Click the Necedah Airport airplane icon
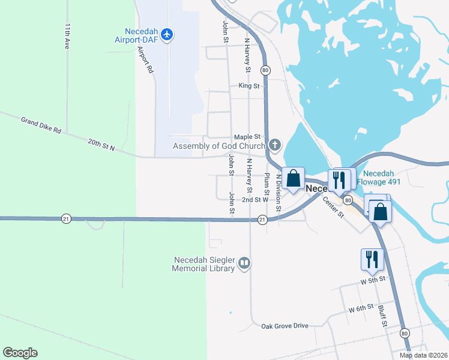coord(167,34)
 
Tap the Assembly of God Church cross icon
coord(275,145)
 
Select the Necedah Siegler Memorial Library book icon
coord(244,263)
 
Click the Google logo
coord(20,353)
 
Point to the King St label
coord(249,86)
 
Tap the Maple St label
coord(246,137)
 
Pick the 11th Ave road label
coord(67,37)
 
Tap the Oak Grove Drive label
coord(285,326)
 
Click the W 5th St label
coord(372,280)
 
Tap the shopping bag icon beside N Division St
coord(293,178)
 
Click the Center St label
coord(333,207)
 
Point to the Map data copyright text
coord(423,355)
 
